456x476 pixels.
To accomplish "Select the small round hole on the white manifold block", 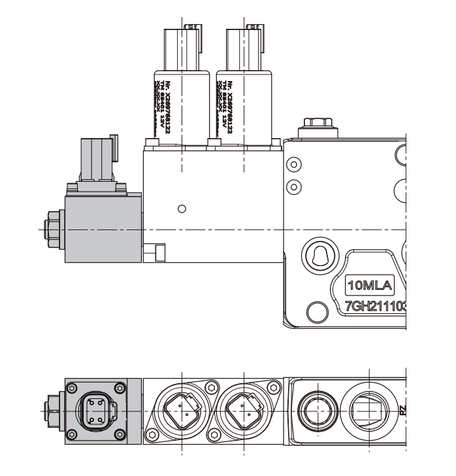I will pyautogui.click(x=182, y=209).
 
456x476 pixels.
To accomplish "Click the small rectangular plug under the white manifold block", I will pyautogui.click(x=157, y=252).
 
